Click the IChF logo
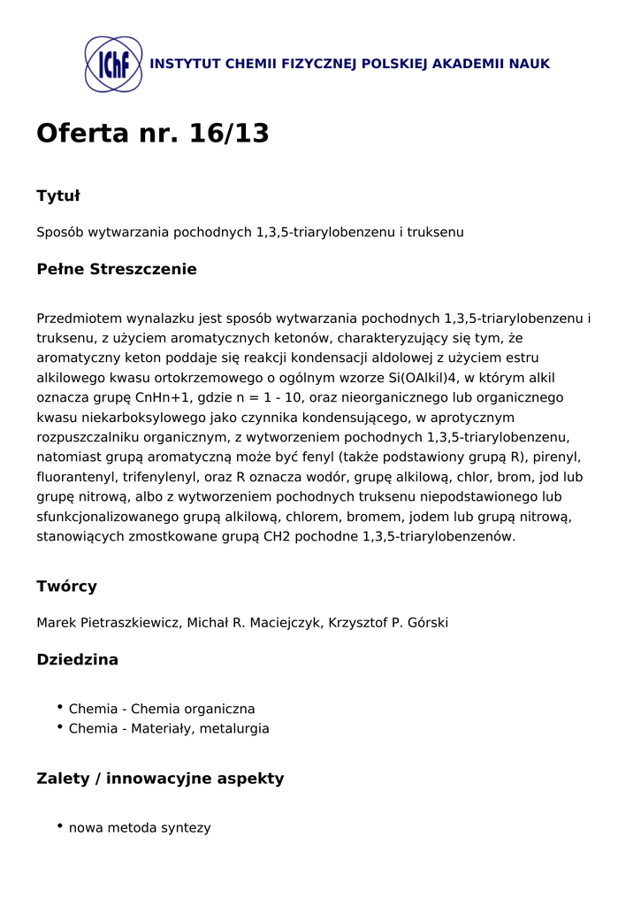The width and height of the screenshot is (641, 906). click(113, 64)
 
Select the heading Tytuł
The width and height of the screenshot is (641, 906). click(58, 196)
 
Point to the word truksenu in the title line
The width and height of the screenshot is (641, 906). click(437, 232)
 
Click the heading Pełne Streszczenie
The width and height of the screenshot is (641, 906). click(116, 269)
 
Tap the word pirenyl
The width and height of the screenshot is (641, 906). click(558, 457)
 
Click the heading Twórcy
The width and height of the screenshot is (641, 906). click(66, 587)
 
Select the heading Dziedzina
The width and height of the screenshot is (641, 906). click(77, 659)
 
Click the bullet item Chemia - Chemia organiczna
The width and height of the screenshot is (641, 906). click(162, 709)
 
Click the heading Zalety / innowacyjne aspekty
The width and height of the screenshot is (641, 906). click(160, 779)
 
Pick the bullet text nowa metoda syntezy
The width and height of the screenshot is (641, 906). click(140, 828)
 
